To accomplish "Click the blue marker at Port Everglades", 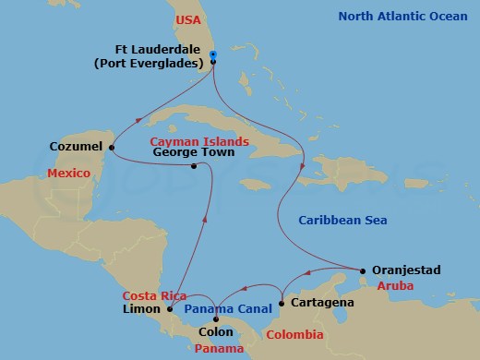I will click(213, 55).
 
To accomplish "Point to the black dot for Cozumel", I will click(112, 147).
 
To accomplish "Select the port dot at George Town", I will click(194, 167).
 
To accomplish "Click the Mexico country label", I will click(70, 174).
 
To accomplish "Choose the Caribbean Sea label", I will click(342, 221).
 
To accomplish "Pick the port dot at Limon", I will click(169, 309).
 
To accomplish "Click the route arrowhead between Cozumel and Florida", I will click(141, 118).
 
